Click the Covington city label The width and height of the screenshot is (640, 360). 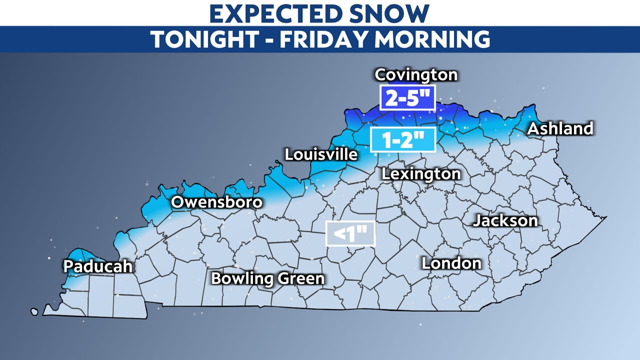(416, 75)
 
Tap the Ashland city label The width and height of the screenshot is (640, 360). (560, 128)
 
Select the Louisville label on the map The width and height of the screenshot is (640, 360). (321, 154)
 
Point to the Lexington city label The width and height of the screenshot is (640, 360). (420, 174)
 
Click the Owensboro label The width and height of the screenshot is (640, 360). (216, 202)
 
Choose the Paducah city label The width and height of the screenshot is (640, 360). (98, 266)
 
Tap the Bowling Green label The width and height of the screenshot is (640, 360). (267, 278)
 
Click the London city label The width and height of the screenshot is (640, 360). (451, 263)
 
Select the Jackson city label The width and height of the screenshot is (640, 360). (505, 220)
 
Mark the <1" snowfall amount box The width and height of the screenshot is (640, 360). (350, 233)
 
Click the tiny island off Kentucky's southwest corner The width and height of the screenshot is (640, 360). (34, 311)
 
